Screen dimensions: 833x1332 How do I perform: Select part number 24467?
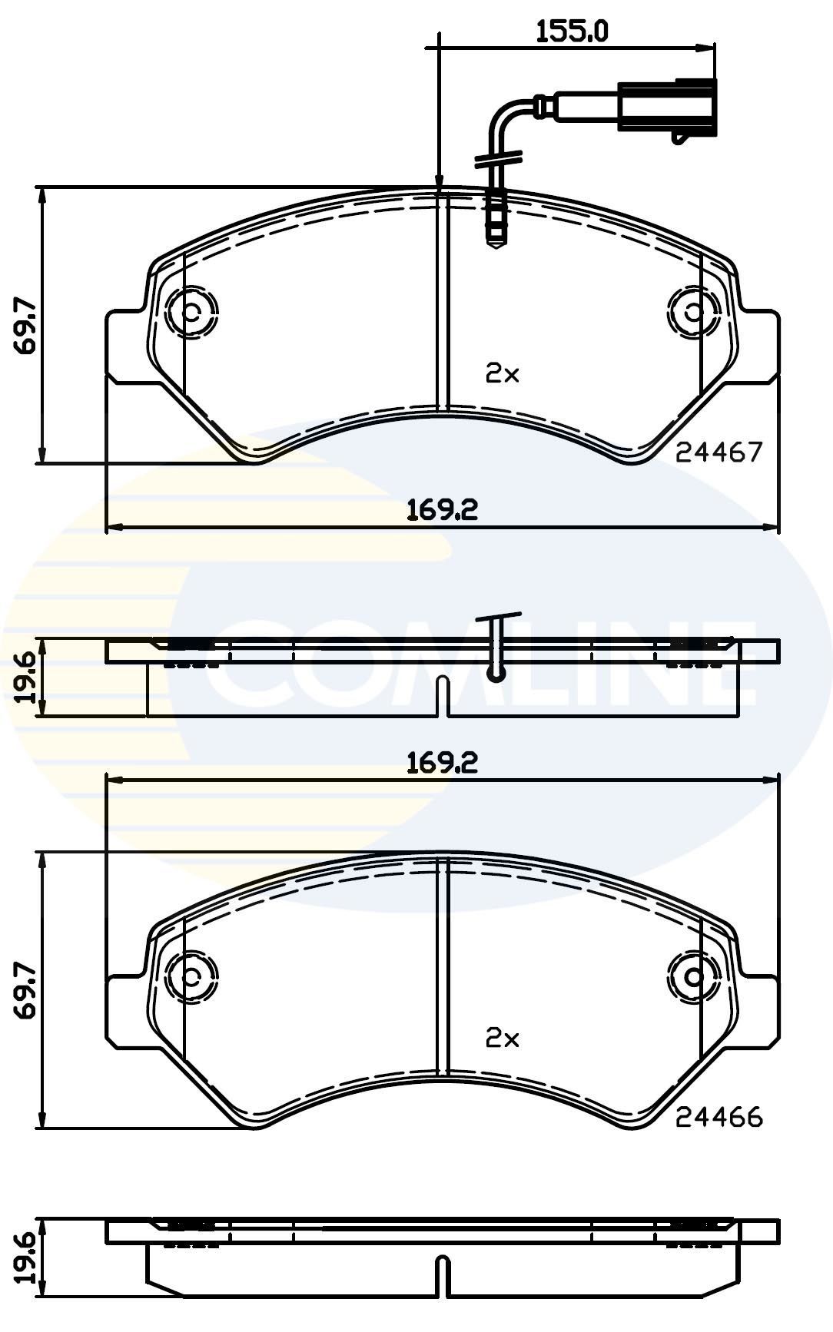click(x=719, y=452)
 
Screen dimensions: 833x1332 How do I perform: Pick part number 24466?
click(x=719, y=1117)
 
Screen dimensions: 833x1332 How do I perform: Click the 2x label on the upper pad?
click(x=503, y=374)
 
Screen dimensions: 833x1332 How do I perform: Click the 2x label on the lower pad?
click(x=503, y=1039)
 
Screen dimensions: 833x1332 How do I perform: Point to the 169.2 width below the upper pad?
click(x=443, y=509)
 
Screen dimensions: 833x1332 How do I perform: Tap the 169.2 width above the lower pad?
click(x=443, y=762)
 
